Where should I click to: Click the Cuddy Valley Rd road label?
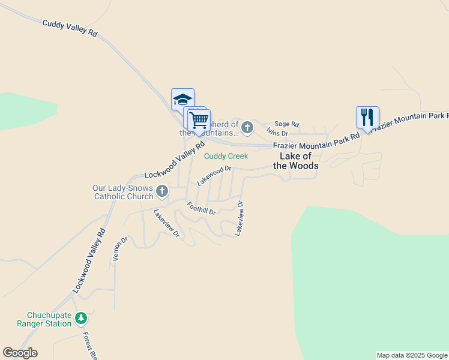click(70, 28)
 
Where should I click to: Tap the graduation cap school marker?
click(182, 99)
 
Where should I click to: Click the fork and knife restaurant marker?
click(367, 117)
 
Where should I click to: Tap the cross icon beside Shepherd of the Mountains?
click(247, 127)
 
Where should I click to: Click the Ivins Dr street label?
click(277, 133)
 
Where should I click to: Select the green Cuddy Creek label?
click(226, 156)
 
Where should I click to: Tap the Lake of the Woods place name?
click(296, 161)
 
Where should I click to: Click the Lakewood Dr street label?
click(214, 176)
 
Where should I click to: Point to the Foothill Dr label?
click(201, 209)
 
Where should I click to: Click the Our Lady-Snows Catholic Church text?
click(122, 192)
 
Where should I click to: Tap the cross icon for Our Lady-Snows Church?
click(161, 192)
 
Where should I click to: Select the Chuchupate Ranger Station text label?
click(49, 319)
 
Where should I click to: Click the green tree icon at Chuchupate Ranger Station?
click(81, 318)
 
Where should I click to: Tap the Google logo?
click(20, 353)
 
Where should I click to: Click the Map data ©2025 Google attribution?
click(412, 355)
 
